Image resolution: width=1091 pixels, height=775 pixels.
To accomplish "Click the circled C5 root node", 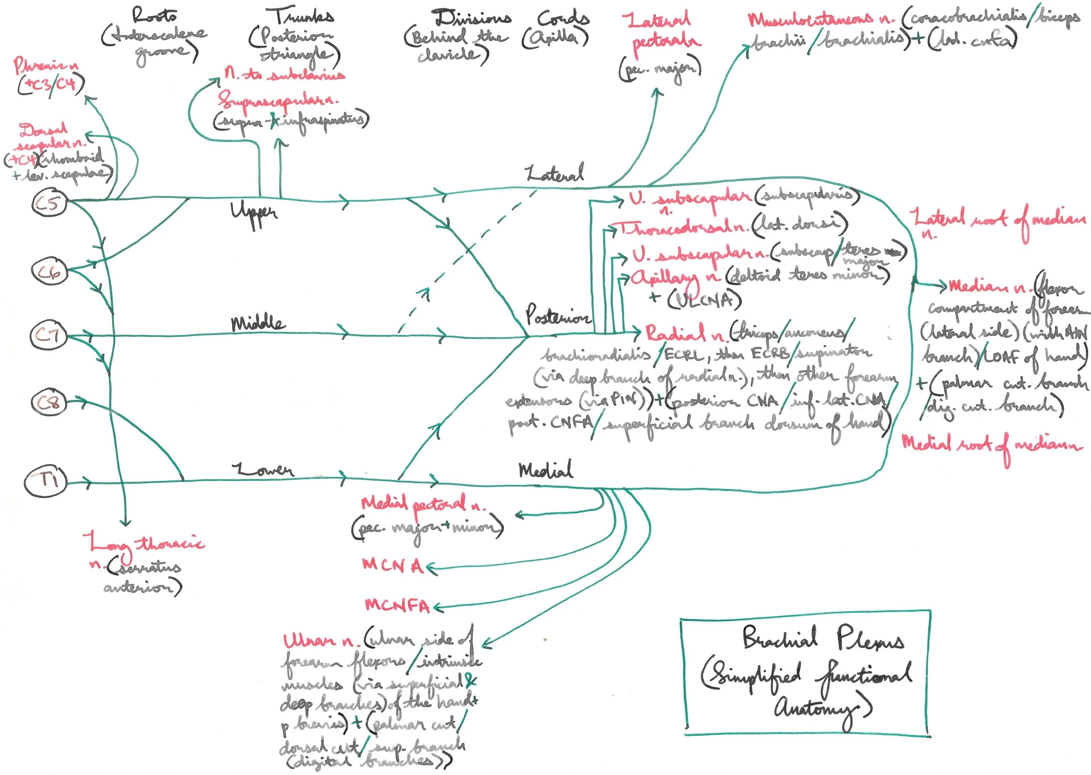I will pos(49,203).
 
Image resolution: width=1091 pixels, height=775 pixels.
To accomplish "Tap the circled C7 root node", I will pos(48,335).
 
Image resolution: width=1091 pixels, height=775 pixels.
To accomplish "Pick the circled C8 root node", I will pos(49,403).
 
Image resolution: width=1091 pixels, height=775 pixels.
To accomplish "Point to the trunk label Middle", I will pos(258,324).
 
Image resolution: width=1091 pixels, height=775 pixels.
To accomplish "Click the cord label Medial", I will pos(545,471).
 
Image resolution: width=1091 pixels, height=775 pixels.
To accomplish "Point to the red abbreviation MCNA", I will pos(393,566).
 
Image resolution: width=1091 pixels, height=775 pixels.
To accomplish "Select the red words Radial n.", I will pos(685,333).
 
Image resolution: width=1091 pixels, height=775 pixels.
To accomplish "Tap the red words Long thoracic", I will pos(144,544).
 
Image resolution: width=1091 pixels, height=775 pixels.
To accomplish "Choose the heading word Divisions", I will pos(473,18).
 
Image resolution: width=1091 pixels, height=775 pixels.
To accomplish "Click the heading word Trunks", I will pos(303,16).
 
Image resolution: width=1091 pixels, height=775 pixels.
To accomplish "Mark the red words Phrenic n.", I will pos(46,66).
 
